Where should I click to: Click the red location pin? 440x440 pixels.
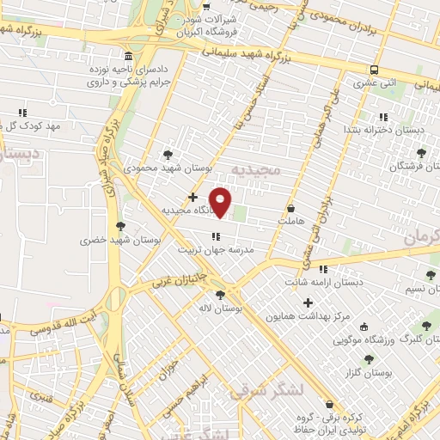[221, 202]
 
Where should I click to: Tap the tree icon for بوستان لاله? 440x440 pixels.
[221, 294]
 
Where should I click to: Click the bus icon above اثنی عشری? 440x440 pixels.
[374, 70]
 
